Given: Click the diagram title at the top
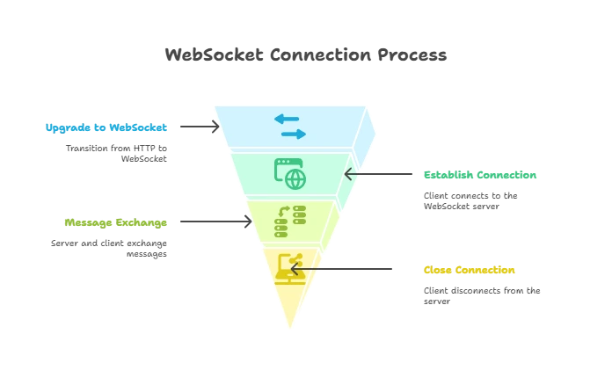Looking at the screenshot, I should (x=305, y=54).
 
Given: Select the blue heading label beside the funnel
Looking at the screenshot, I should (x=106, y=127).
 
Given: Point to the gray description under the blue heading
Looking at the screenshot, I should (x=115, y=154).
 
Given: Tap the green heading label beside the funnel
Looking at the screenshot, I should (x=480, y=175).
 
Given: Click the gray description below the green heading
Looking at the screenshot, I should (x=470, y=200).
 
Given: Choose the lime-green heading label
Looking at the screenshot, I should (x=115, y=223).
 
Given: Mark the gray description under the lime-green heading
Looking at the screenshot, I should (x=109, y=250).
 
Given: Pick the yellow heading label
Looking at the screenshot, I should (x=470, y=270).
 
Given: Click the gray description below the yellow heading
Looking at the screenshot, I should (x=480, y=296).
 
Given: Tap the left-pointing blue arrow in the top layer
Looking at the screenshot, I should (x=287, y=119).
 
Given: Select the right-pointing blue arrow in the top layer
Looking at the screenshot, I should (x=294, y=134).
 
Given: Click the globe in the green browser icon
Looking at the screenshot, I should (x=295, y=178).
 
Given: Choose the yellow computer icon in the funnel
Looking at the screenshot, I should (x=289, y=268).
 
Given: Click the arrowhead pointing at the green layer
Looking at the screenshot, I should (x=349, y=174).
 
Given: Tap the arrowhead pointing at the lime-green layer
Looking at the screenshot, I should (x=246, y=222).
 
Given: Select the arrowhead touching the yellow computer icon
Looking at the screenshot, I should (x=295, y=269).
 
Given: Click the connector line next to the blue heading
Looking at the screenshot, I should (x=195, y=127).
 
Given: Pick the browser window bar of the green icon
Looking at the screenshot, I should (x=288, y=163).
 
